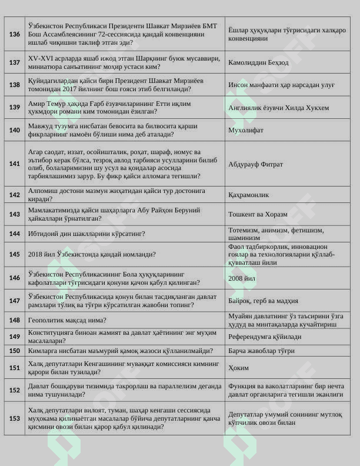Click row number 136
pyautogui.click(x=15, y=34)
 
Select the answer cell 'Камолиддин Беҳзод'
pyautogui.click(x=258, y=62)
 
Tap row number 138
pyautogui.click(x=15, y=85)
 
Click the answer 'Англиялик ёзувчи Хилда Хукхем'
pyautogui.click(x=278, y=108)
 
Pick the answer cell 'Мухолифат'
pyautogui.click(x=246, y=130)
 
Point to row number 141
pyautogui.click(x=15, y=164)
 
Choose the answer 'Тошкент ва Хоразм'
pyautogui.click(x=258, y=214)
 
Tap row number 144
pyautogui.click(x=15, y=234)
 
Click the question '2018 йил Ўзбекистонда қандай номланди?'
pyautogui.click(x=92, y=255)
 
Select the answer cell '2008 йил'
pyautogui.click(x=242, y=278)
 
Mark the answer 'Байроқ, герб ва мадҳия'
pyautogui.click(x=263, y=301)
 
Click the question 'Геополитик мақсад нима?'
pyautogui.click(x=67, y=320)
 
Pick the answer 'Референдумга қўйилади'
pyautogui.click(x=265, y=337)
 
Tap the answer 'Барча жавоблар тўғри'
pyautogui.click(x=261, y=351)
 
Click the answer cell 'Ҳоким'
pyautogui.click(x=238, y=368)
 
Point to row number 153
pyautogui.click(x=15, y=418)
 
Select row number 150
pyautogui.click(x=15, y=351)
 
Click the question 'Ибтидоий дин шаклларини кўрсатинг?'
pyautogui.click(x=86, y=234)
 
